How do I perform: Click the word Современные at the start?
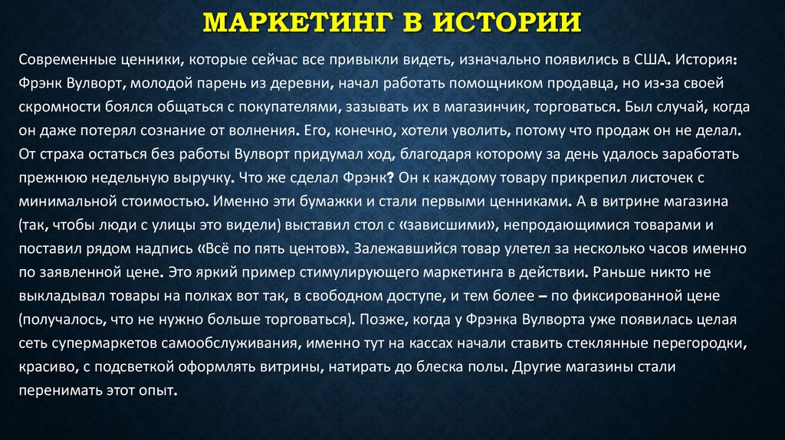[67, 60]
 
